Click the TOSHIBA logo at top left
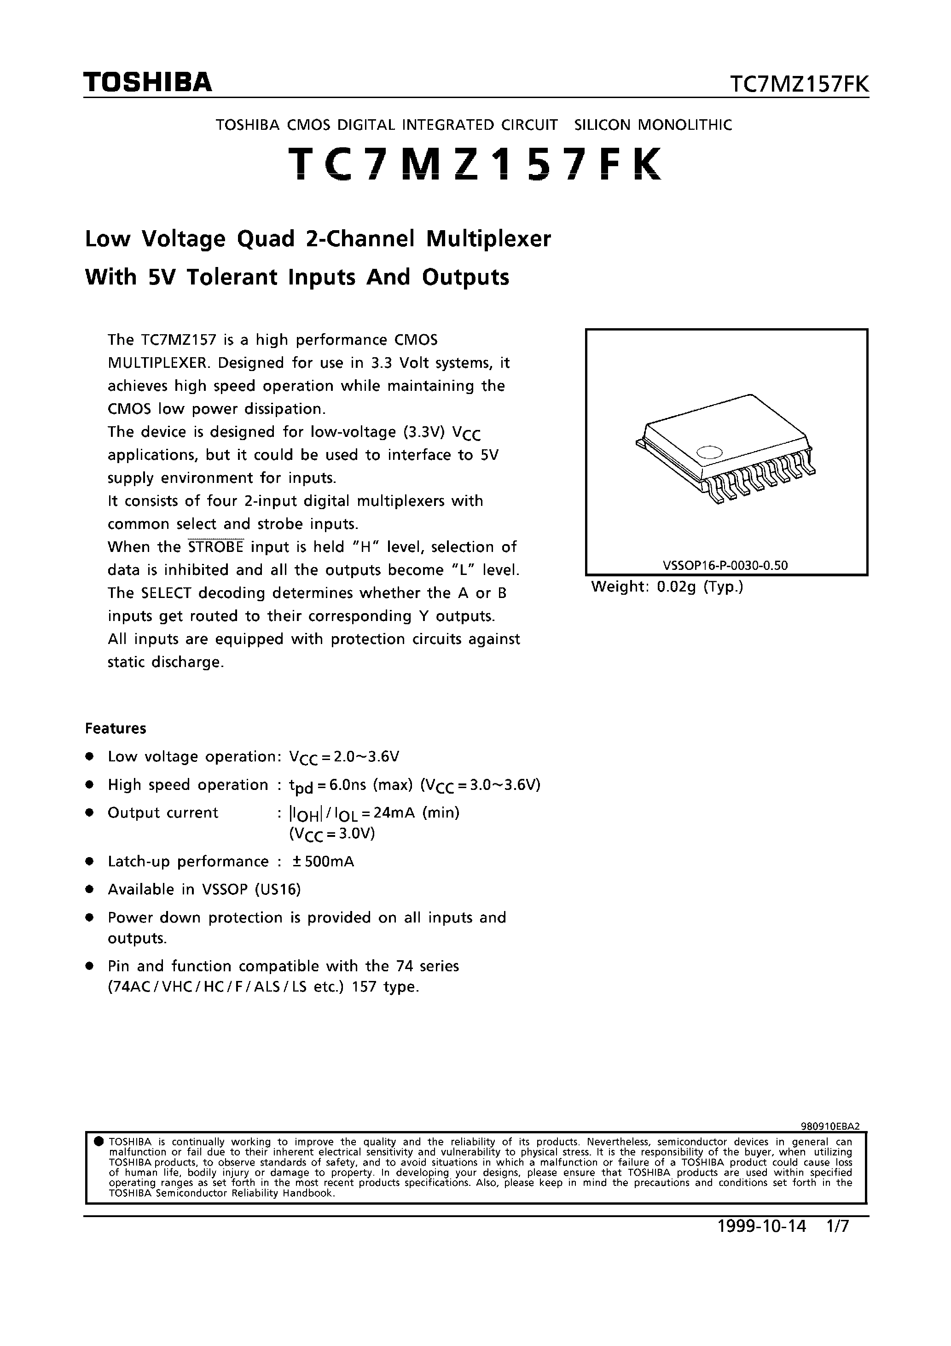tap(147, 82)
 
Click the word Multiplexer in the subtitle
tap(488, 239)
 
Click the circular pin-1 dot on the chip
tap(708, 452)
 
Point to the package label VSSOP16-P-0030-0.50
tap(725, 565)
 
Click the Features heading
tap(116, 728)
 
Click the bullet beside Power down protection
tap(90, 917)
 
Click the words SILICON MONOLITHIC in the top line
tap(653, 125)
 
